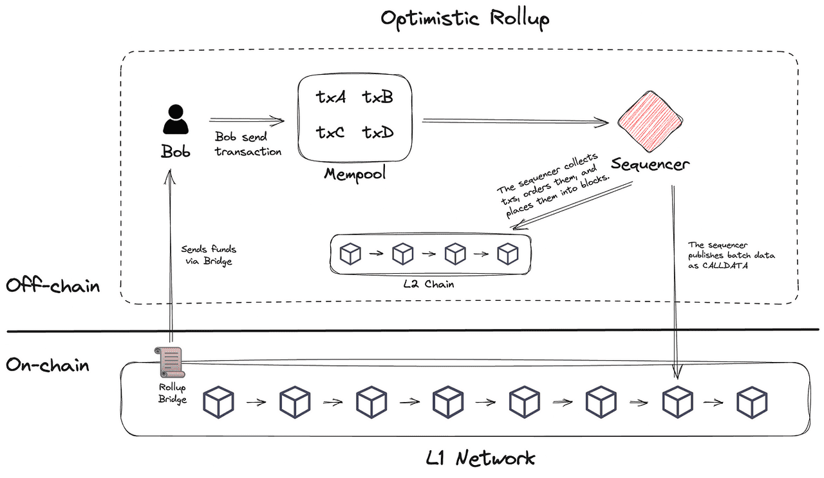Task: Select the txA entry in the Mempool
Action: [331, 97]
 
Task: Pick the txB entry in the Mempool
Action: [377, 97]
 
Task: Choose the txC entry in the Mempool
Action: [331, 133]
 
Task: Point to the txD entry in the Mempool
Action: [377, 133]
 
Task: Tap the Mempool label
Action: [355, 174]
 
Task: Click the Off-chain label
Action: [53, 285]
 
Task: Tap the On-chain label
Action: [48, 365]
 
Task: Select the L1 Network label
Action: [480, 458]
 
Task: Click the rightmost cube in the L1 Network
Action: [752, 402]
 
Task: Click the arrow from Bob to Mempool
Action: [246, 120]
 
